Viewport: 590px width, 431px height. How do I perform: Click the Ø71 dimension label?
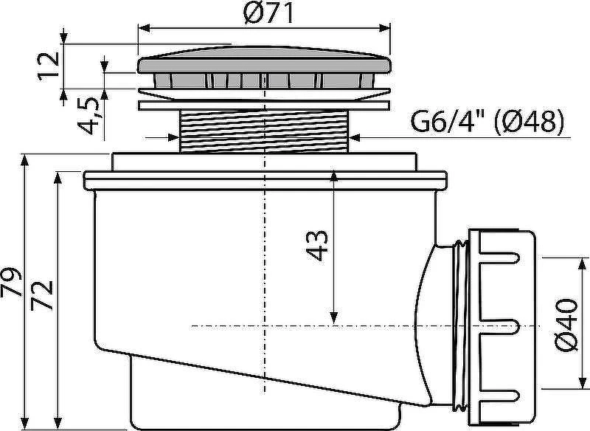[268, 13]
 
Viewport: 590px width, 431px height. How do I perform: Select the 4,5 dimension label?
[88, 116]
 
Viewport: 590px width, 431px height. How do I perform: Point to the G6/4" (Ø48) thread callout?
[487, 121]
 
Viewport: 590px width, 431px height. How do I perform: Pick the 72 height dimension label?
[41, 295]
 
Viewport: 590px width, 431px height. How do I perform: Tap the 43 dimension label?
[317, 246]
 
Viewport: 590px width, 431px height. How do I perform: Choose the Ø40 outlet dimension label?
[566, 325]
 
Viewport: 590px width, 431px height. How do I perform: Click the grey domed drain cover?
[265, 60]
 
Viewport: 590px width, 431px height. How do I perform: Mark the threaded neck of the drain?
[265, 131]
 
